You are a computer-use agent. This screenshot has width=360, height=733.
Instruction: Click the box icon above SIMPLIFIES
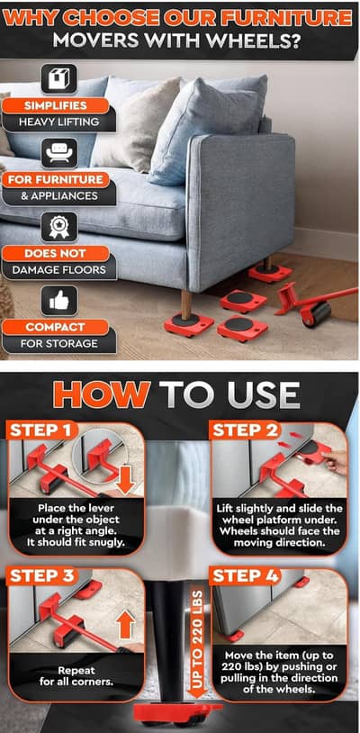point(58,78)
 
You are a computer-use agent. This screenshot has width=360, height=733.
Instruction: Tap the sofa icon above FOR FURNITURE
point(58,152)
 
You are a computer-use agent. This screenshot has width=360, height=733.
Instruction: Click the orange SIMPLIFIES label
point(56,105)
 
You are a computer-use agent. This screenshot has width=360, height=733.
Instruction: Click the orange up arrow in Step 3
point(125,623)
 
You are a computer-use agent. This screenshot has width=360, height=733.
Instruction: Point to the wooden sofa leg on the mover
point(186,304)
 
